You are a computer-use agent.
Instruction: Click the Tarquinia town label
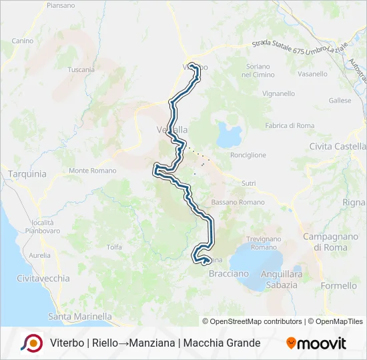tap(27, 174)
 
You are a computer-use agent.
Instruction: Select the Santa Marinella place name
tap(80, 316)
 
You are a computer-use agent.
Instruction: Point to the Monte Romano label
tap(92, 171)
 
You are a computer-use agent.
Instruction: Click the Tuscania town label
tap(81, 69)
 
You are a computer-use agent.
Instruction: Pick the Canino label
tap(22, 41)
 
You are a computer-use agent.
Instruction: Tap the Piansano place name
tap(61, 5)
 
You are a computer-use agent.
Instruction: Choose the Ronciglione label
tap(248, 155)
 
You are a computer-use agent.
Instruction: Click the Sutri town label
tap(249, 183)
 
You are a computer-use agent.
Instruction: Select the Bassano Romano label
tap(238, 202)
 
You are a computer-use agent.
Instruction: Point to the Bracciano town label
tap(229, 273)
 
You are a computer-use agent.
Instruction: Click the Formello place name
tap(339, 285)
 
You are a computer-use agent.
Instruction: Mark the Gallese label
tap(340, 101)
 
